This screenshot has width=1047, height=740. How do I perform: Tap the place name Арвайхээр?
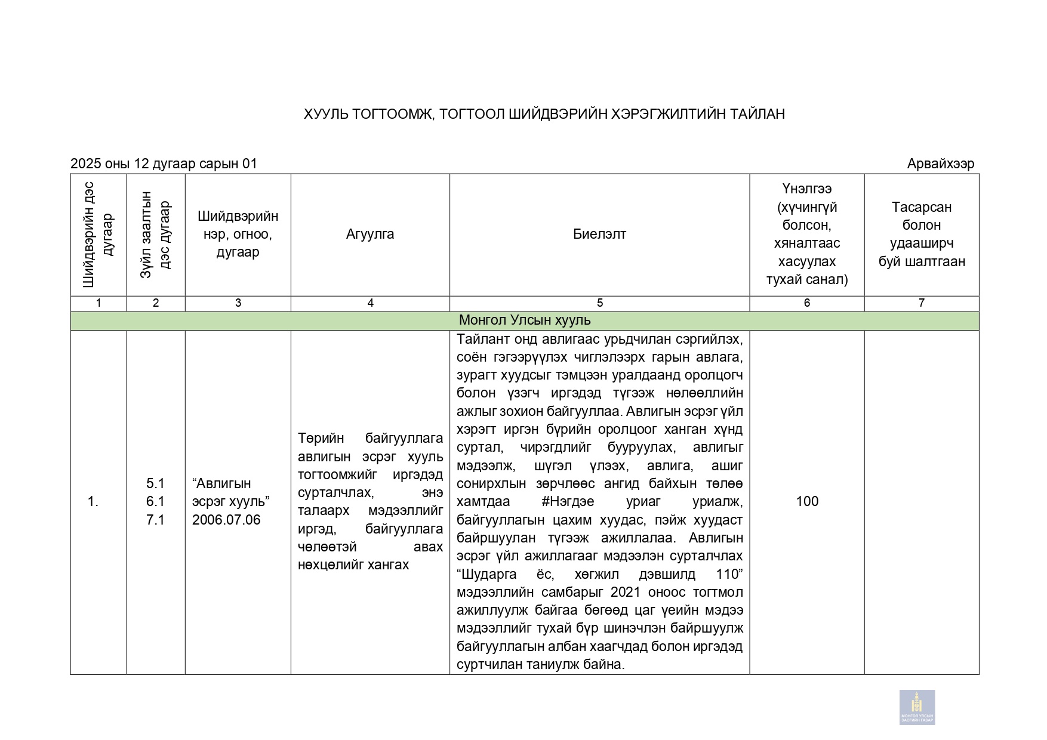coord(940,164)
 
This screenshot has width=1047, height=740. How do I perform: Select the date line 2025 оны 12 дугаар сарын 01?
coord(164,164)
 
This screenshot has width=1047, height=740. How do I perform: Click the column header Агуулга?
coord(370,234)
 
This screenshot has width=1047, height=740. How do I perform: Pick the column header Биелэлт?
coord(599,234)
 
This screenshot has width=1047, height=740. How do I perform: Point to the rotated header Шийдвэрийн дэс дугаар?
coord(98,235)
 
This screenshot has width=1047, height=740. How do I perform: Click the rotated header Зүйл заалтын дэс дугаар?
coord(155,235)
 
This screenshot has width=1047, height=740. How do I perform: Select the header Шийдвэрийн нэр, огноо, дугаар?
coord(238,234)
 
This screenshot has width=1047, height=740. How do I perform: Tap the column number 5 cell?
coord(599,303)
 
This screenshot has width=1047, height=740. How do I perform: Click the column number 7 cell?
coord(921,303)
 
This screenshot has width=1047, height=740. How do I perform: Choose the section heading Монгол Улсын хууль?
coord(524,320)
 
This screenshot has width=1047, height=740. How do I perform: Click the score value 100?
coord(806,501)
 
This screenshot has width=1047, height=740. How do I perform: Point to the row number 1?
coord(93,502)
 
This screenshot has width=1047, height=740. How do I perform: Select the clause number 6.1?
coord(155,501)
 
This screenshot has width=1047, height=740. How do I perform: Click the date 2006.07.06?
coord(226,520)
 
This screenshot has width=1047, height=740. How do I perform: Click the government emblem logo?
coord(917,707)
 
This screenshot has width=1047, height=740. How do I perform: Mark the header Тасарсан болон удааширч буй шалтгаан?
coord(921,234)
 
